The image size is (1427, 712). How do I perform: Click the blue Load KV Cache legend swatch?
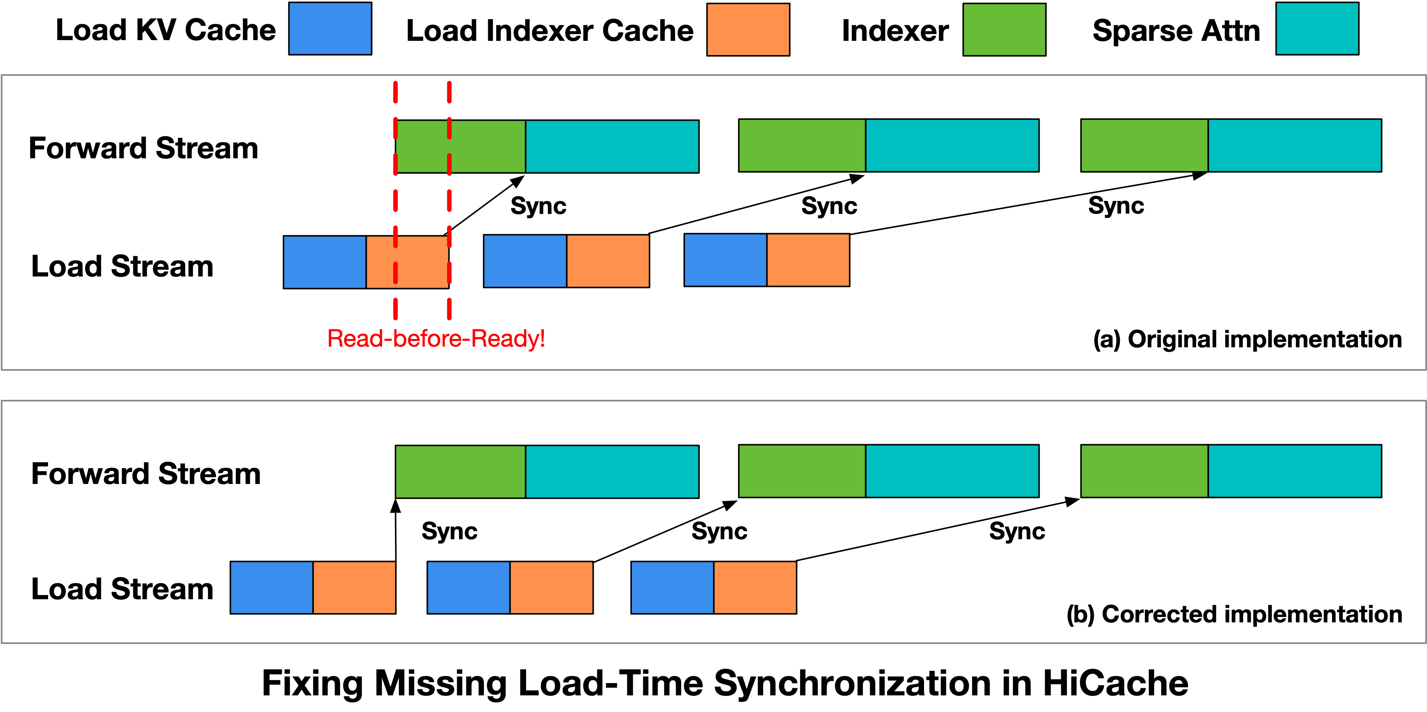point(330,29)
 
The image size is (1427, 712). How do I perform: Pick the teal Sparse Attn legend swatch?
point(1317,29)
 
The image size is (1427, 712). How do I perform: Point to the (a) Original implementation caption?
point(1247,339)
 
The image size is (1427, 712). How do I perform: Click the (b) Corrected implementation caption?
point(1234,614)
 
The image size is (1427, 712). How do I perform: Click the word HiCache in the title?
point(1115,683)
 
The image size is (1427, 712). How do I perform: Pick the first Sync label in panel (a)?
point(538,206)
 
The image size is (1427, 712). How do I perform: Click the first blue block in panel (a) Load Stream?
point(324,262)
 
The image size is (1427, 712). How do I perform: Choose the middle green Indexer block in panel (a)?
point(801,145)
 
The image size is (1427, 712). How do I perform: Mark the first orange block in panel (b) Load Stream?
point(354,587)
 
